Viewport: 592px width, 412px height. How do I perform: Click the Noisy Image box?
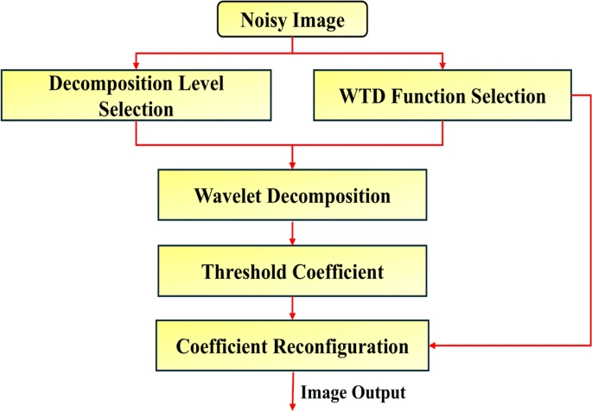(293, 18)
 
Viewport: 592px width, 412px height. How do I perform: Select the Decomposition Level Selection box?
(136, 96)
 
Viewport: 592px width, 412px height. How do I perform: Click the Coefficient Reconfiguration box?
(293, 346)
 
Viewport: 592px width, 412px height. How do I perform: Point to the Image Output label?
(353, 393)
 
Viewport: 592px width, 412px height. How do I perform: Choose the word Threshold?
(241, 272)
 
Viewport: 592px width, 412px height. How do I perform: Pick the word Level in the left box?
(203, 85)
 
